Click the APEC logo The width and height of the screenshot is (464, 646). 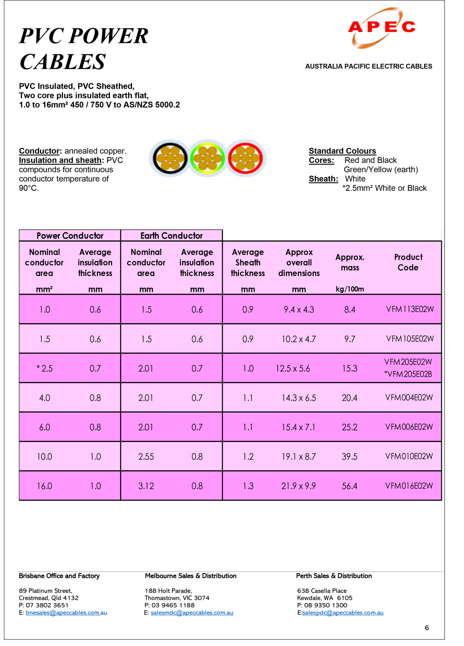[381, 27]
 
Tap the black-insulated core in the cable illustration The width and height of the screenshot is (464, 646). [170, 158]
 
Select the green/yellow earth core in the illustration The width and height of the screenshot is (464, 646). [207, 158]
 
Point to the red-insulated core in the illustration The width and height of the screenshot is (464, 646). [245, 158]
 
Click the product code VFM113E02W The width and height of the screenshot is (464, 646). [410, 309]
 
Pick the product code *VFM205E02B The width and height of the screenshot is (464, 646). [408, 374]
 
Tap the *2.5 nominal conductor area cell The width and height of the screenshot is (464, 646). [45, 368]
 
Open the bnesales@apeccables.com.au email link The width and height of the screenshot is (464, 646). [66, 612]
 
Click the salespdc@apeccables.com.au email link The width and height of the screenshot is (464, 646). [343, 612]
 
